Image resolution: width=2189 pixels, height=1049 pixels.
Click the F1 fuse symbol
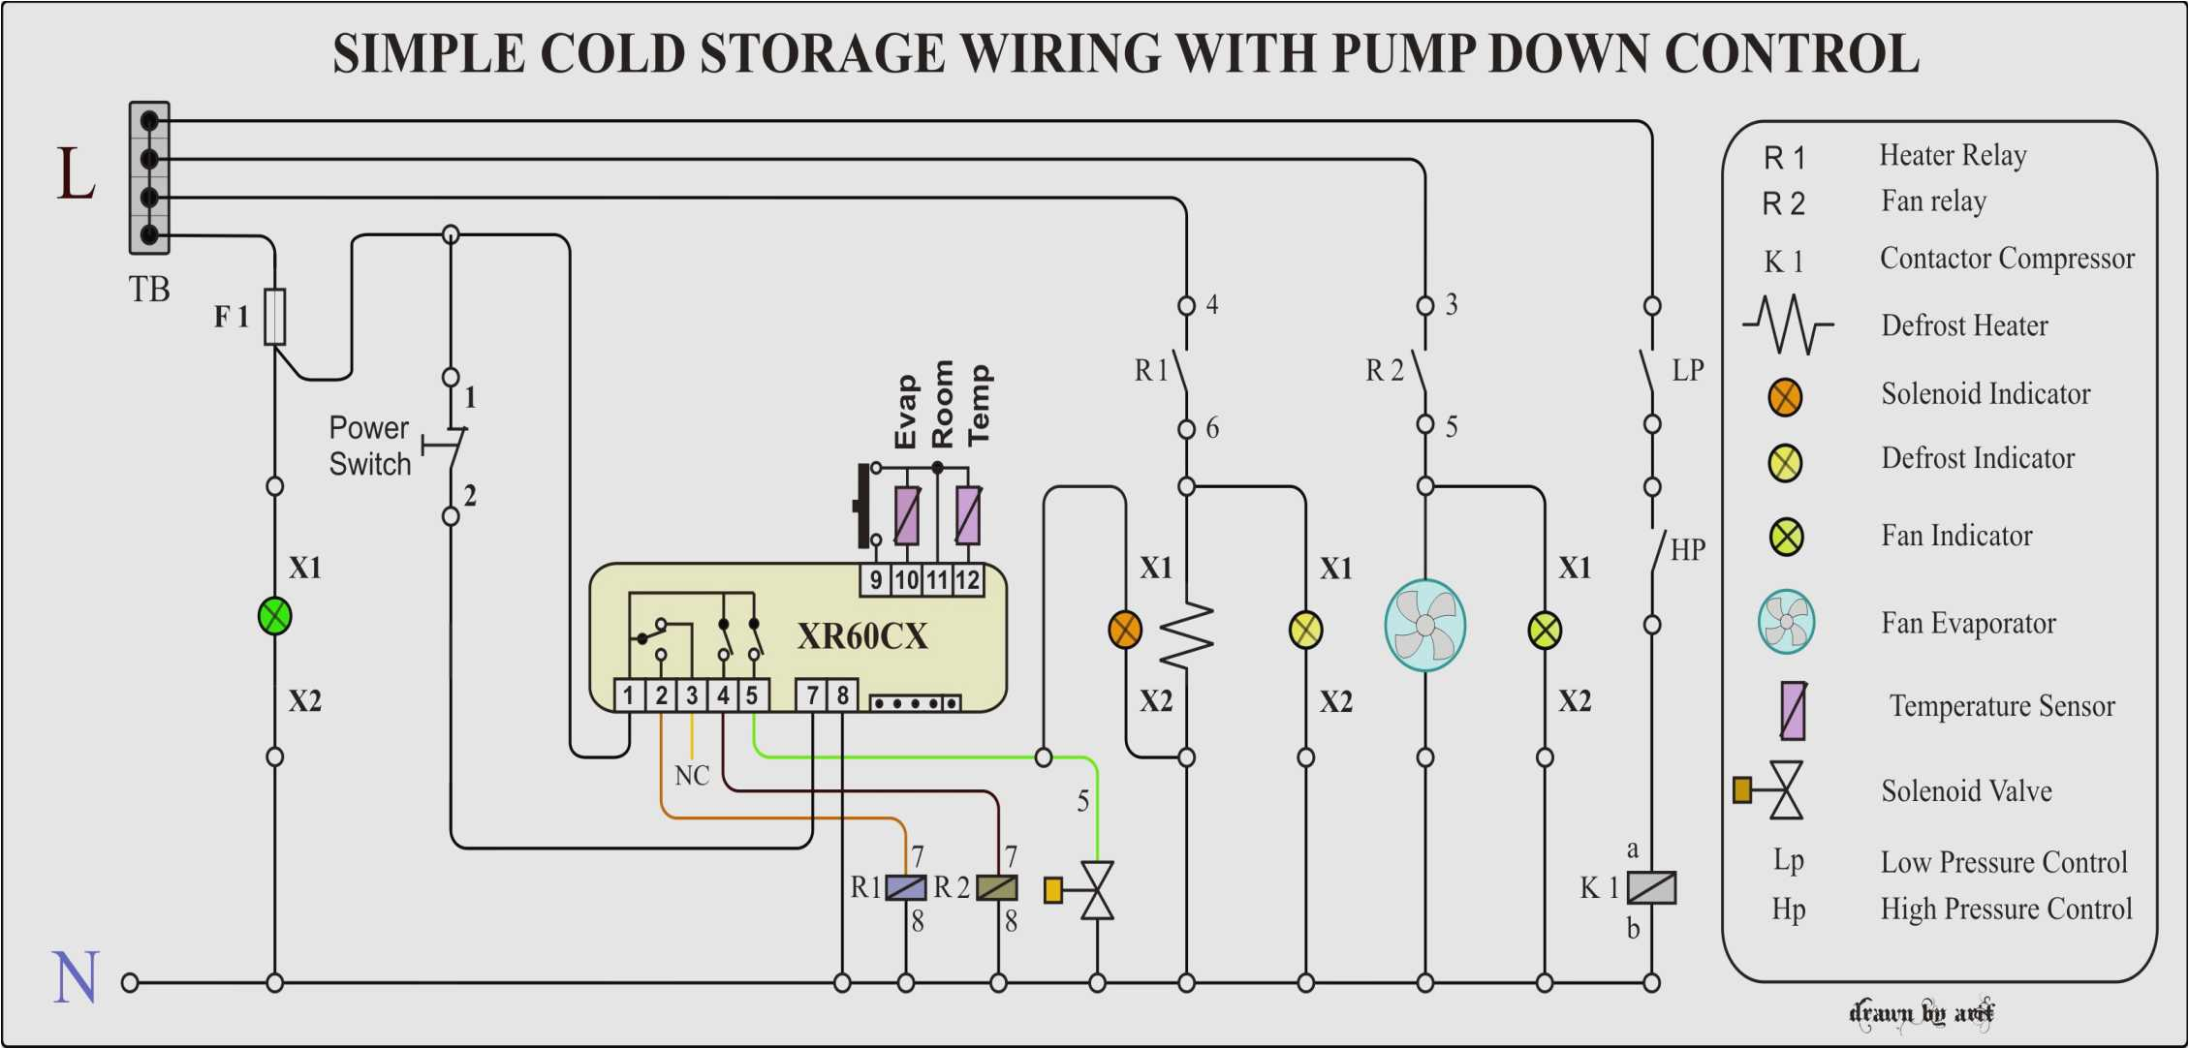[x=275, y=316]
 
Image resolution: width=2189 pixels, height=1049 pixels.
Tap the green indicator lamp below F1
[x=275, y=616]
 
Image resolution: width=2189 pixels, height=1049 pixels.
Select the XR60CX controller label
[x=861, y=636]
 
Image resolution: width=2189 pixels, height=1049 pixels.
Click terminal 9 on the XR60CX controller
[x=875, y=580]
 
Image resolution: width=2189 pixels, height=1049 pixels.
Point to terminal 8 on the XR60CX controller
[x=842, y=694]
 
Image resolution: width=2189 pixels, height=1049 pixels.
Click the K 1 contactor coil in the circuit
[x=1651, y=887]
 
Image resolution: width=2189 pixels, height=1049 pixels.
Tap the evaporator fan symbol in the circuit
[x=1424, y=625]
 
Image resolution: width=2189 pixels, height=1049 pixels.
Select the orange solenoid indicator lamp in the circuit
[x=1124, y=630]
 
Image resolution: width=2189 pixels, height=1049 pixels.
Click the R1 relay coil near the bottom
[x=906, y=887]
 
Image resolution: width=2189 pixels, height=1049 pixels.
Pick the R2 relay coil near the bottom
[x=997, y=887]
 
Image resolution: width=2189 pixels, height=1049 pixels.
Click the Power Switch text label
[x=369, y=446]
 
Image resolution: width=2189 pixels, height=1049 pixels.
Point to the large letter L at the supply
[x=76, y=174]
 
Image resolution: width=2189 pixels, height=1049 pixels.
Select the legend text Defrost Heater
[x=1964, y=325]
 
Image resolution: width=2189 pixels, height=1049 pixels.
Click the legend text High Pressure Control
[x=2006, y=909]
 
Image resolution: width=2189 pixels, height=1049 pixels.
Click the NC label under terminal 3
[x=692, y=776]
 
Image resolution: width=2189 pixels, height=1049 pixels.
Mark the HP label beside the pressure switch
[x=1687, y=550]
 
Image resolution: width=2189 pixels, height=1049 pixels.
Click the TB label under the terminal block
[x=149, y=289]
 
